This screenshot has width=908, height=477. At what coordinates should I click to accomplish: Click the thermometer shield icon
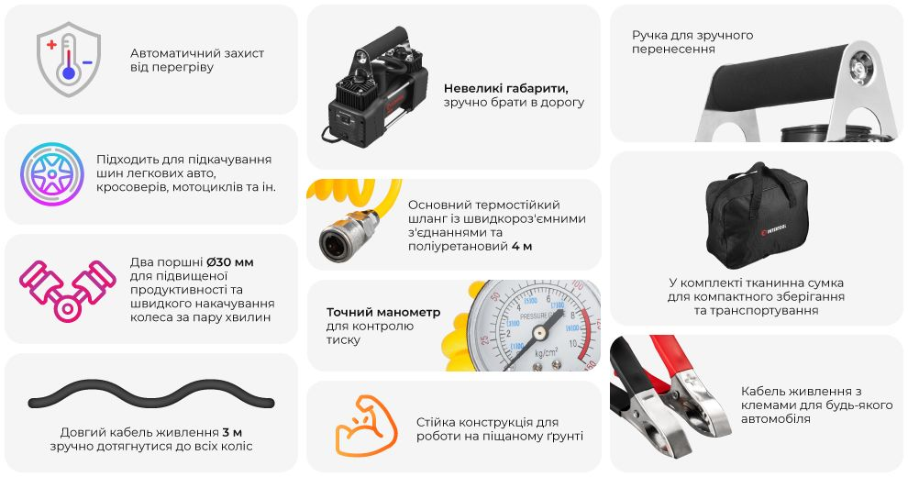point(69,59)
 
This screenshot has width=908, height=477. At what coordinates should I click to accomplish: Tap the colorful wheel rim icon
point(52,174)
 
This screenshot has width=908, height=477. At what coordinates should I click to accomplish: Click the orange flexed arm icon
point(366,426)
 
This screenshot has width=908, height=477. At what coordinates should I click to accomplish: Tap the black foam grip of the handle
point(777,78)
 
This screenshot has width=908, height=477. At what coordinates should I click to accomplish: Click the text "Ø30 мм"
point(230,261)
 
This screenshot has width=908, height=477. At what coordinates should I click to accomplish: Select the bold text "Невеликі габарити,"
point(506,89)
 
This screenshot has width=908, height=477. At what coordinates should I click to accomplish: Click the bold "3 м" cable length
point(232,432)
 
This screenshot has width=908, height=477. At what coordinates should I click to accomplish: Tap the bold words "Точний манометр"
point(383,313)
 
